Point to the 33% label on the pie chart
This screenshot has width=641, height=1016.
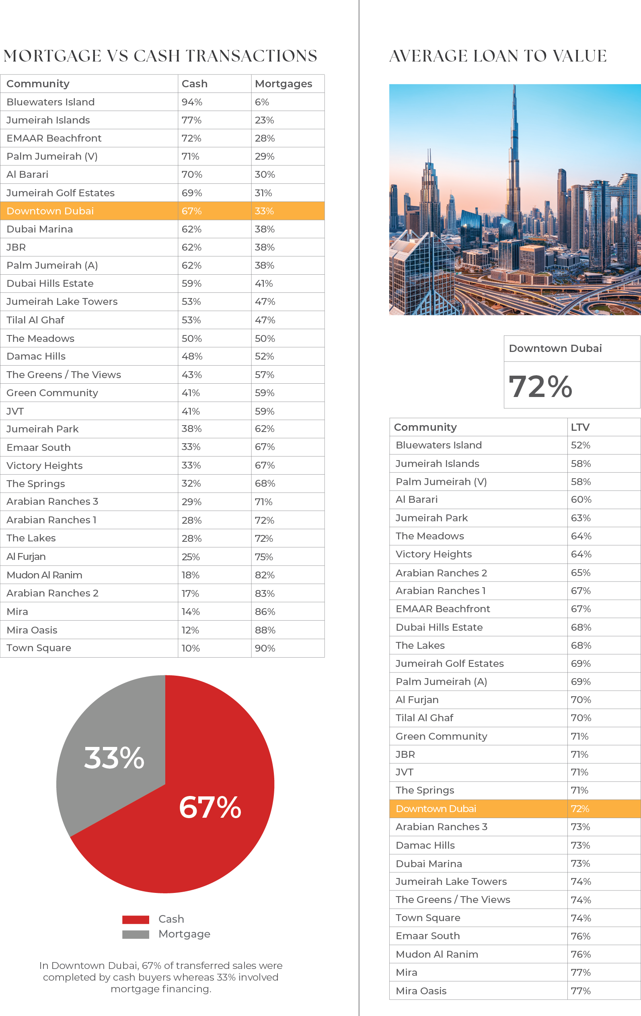click(x=114, y=758)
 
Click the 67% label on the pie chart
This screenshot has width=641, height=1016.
click(x=210, y=808)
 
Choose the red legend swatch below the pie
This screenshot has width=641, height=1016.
click(x=140, y=922)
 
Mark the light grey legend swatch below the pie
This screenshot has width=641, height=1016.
click(x=140, y=935)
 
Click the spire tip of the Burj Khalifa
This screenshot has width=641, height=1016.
click(x=514, y=87)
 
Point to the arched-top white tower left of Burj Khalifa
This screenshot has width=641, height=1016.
click(x=452, y=211)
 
